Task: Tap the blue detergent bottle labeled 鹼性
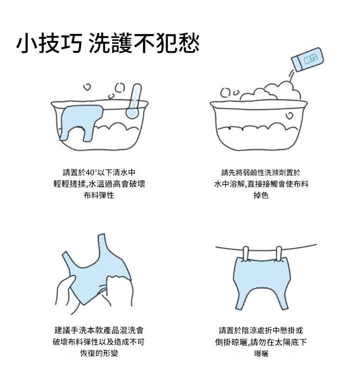coord(307,60)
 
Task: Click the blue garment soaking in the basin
coord(81,122)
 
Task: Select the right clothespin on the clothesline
coord(279,253)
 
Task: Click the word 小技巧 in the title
coord(49,43)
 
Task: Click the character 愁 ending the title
coord(189,43)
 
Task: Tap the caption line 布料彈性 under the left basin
coord(99,195)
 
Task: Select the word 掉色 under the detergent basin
coord(261,195)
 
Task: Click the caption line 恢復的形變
coord(99,353)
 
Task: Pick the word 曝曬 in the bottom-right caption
coord(261,353)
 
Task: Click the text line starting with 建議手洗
coord(99,330)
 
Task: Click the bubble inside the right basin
coord(289,116)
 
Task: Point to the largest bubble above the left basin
coord(120,87)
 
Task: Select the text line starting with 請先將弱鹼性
coord(261,172)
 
